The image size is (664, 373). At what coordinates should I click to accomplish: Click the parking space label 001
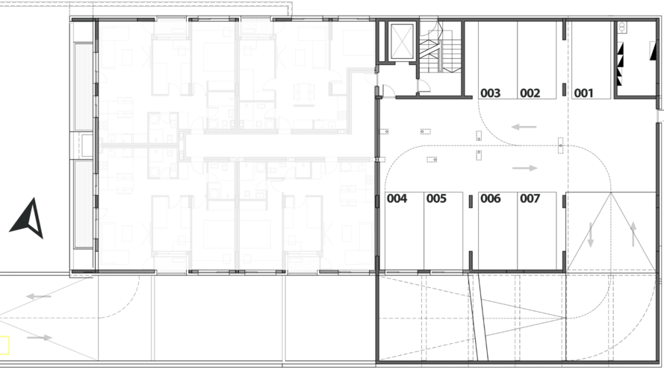(583, 93)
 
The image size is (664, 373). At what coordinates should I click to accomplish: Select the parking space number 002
(530, 93)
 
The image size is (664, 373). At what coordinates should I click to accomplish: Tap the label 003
(491, 93)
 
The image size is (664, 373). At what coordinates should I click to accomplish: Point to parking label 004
(397, 198)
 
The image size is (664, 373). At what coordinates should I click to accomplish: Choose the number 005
(436, 198)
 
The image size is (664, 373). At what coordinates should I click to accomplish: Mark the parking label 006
(491, 198)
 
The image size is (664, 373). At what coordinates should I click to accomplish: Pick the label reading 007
(530, 198)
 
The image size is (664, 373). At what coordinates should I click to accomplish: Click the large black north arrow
(28, 219)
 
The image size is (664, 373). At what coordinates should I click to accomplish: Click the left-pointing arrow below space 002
(524, 127)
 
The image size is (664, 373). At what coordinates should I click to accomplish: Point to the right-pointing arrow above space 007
(524, 168)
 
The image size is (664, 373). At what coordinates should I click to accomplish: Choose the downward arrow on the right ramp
(590, 235)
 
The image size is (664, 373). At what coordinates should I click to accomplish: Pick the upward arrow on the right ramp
(633, 233)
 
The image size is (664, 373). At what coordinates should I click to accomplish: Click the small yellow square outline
(4, 345)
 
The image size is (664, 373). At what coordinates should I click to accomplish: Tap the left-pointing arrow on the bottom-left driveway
(39, 296)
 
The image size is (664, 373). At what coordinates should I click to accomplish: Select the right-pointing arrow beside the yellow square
(40, 337)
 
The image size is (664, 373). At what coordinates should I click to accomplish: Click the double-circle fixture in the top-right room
(621, 28)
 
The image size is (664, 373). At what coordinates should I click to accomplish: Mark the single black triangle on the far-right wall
(653, 50)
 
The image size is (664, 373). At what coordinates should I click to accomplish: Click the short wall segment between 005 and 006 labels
(471, 201)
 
